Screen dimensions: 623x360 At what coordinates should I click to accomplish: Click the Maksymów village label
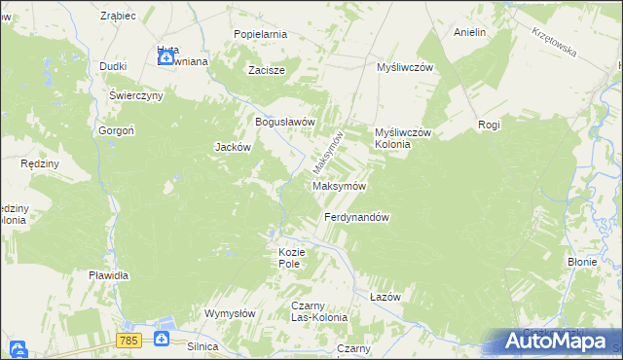tap(339, 186)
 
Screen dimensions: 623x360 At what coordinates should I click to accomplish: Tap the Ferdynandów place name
tap(356, 218)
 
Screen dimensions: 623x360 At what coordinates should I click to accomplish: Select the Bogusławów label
tap(285, 123)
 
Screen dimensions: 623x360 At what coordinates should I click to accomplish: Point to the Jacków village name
tap(233, 148)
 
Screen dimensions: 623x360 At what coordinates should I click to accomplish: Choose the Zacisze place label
tap(266, 70)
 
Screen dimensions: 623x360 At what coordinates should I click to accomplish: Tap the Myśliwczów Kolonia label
tap(403, 138)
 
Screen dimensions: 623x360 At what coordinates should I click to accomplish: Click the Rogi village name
tap(489, 125)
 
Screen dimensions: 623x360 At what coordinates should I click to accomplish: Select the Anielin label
tap(469, 32)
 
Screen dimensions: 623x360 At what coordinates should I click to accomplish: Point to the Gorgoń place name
tap(115, 130)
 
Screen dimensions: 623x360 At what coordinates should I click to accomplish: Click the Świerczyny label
tap(134, 97)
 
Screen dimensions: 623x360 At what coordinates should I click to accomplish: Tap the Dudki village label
tap(115, 66)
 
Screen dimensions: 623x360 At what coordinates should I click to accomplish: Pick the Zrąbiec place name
tap(117, 17)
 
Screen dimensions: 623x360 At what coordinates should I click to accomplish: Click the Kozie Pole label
tap(292, 258)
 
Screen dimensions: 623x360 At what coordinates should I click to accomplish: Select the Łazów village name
tap(385, 296)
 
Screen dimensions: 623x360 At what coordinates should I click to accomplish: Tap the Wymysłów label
tap(229, 313)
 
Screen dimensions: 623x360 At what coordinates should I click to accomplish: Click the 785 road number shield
tap(128, 340)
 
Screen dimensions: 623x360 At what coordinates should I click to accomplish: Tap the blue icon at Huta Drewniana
tap(166, 58)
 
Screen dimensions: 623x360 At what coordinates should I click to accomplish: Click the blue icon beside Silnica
tap(162, 339)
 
